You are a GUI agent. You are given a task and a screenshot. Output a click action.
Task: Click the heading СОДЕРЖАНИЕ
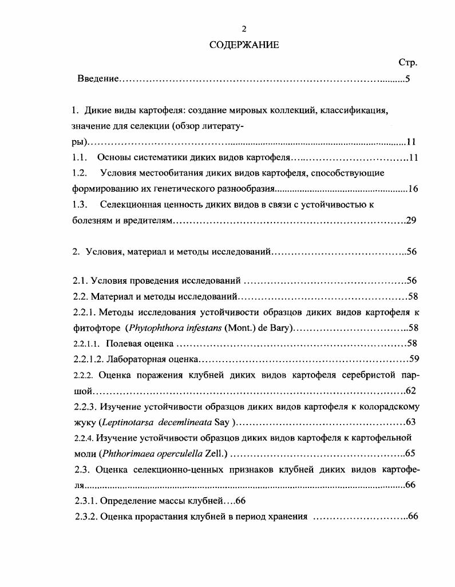[244, 45]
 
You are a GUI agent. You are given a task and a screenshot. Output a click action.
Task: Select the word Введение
[98, 78]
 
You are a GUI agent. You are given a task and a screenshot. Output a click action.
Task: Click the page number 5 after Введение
[407, 78]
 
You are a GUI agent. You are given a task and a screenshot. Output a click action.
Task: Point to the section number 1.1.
[79, 157]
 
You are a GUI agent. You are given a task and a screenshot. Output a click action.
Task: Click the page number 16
[413, 188]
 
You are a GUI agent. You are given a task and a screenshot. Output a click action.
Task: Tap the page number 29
[411, 220]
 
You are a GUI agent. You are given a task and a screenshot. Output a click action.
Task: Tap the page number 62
[410, 391]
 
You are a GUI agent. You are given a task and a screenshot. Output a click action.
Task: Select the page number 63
[410, 422]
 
